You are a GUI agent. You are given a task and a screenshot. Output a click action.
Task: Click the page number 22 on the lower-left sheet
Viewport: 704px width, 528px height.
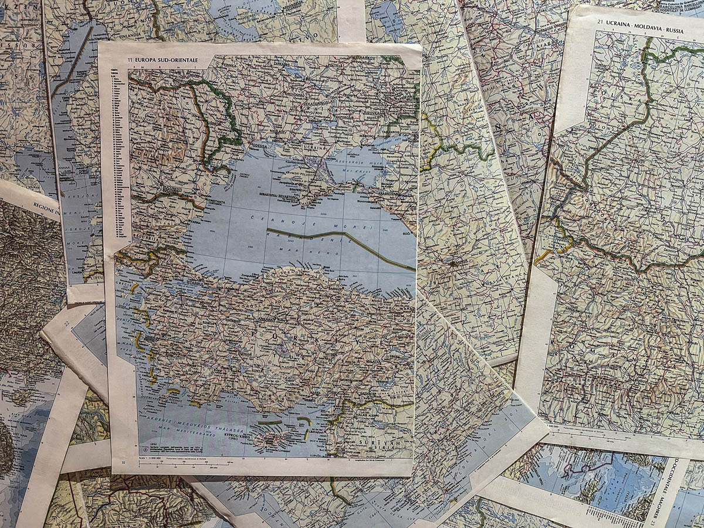point(67,324)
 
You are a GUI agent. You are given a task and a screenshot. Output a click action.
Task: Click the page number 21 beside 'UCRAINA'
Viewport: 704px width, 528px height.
point(600,22)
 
